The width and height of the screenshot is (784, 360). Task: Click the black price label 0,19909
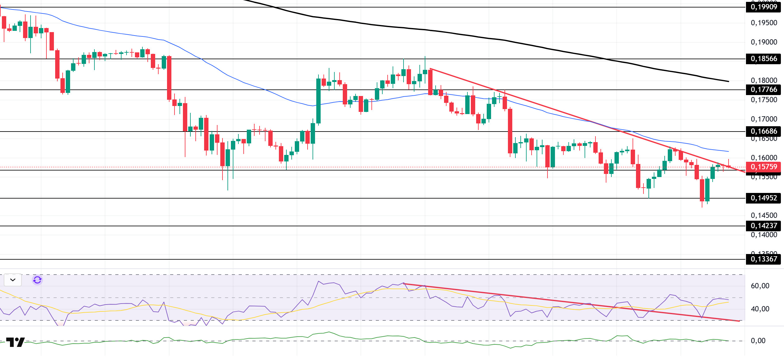point(764,7)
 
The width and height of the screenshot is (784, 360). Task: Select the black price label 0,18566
point(764,59)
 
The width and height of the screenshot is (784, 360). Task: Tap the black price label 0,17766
point(764,89)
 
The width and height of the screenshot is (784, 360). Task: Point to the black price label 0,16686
point(764,131)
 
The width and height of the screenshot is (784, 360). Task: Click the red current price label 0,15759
point(764,167)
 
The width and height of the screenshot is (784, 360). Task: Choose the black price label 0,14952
point(764,198)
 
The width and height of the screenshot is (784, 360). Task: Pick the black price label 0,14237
point(764,226)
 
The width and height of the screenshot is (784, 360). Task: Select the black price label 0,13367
point(764,259)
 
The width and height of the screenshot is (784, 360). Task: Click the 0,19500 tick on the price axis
point(764,23)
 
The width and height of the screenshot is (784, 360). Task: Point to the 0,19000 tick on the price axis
point(764,42)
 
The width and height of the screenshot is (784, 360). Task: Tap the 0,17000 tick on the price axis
point(764,119)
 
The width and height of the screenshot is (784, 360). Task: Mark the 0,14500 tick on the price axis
point(764,215)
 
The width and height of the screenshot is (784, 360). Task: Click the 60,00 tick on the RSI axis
point(760,286)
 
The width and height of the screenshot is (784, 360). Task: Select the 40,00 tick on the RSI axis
point(760,309)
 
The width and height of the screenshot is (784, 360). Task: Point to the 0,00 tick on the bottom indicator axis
point(758,341)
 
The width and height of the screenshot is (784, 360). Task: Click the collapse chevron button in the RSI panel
point(13,280)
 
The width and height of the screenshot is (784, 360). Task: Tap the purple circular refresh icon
point(37,280)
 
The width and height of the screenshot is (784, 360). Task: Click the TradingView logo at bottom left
point(15,342)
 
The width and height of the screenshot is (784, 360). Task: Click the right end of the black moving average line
point(728,81)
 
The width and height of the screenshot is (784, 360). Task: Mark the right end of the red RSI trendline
point(739,321)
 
